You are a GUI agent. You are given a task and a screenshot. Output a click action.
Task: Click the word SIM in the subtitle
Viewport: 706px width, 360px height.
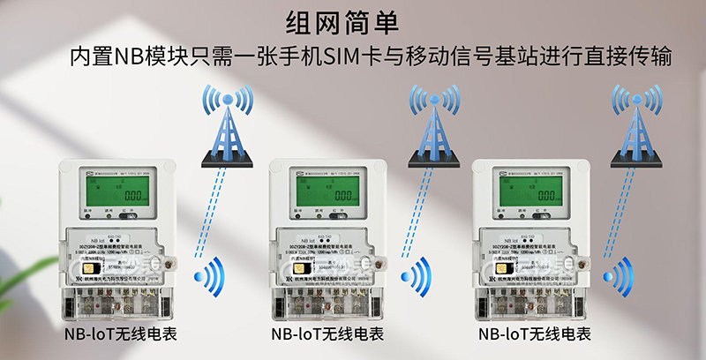coord(343,58)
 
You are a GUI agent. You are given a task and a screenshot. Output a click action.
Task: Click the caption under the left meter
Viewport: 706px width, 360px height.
coord(120,335)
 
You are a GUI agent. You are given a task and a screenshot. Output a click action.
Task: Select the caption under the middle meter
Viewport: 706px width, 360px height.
coord(327,335)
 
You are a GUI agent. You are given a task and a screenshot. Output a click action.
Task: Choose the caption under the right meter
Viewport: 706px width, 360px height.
coord(534,335)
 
